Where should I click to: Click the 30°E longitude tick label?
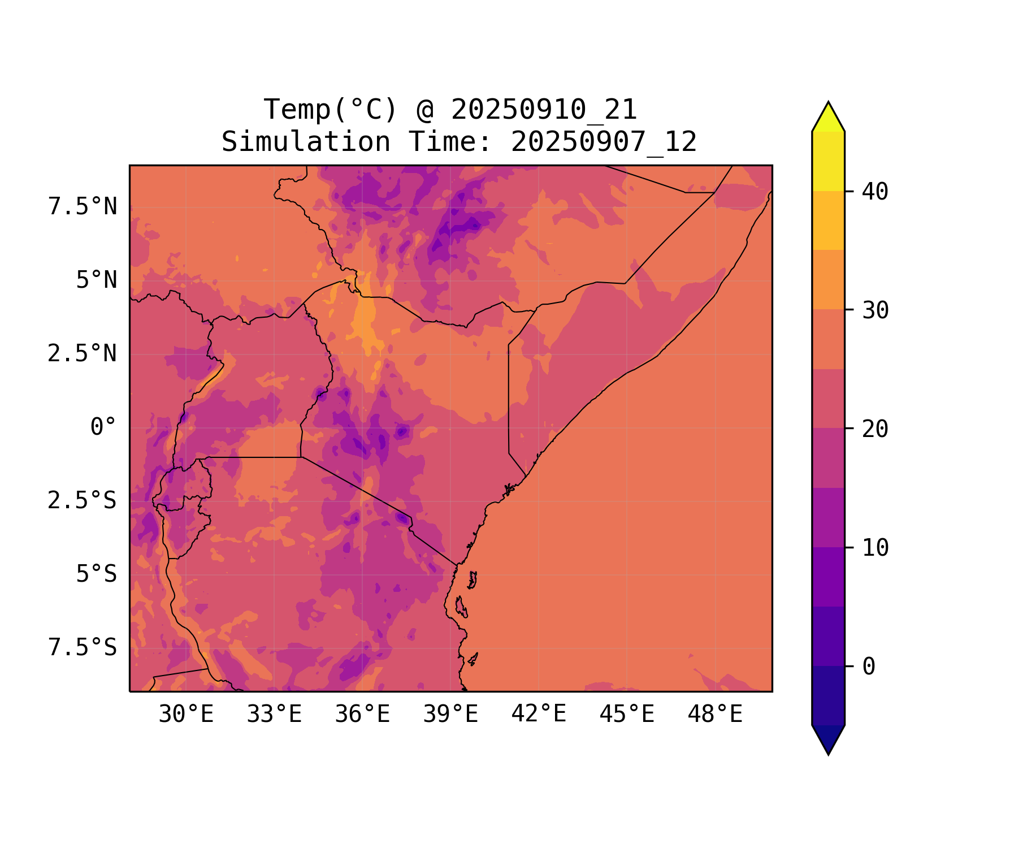click(x=186, y=714)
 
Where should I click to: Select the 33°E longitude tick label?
click(x=274, y=714)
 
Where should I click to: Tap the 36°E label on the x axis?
click(x=362, y=714)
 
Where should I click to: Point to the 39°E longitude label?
click(x=450, y=714)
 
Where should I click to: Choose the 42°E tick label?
click(x=539, y=714)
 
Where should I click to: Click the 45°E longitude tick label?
click(x=627, y=714)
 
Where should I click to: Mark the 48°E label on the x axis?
click(x=715, y=714)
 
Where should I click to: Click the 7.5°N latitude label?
click(x=83, y=207)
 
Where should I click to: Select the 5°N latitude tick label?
click(x=97, y=280)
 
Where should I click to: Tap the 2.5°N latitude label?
click(x=83, y=354)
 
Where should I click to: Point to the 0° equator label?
click(x=103, y=427)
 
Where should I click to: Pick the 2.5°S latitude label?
click(x=83, y=500)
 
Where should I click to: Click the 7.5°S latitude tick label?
click(x=83, y=647)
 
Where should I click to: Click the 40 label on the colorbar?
click(x=875, y=192)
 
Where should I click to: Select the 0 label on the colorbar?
click(x=869, y=667)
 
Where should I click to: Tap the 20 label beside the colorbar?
click(x=875, y=429)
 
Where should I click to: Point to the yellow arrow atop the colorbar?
click(x=828, y=118)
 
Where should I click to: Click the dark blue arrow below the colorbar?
click(x=828, y=739)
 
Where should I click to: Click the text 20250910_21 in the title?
click(x=544, y=110)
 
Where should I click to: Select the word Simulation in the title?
click(x=306, y=142)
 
